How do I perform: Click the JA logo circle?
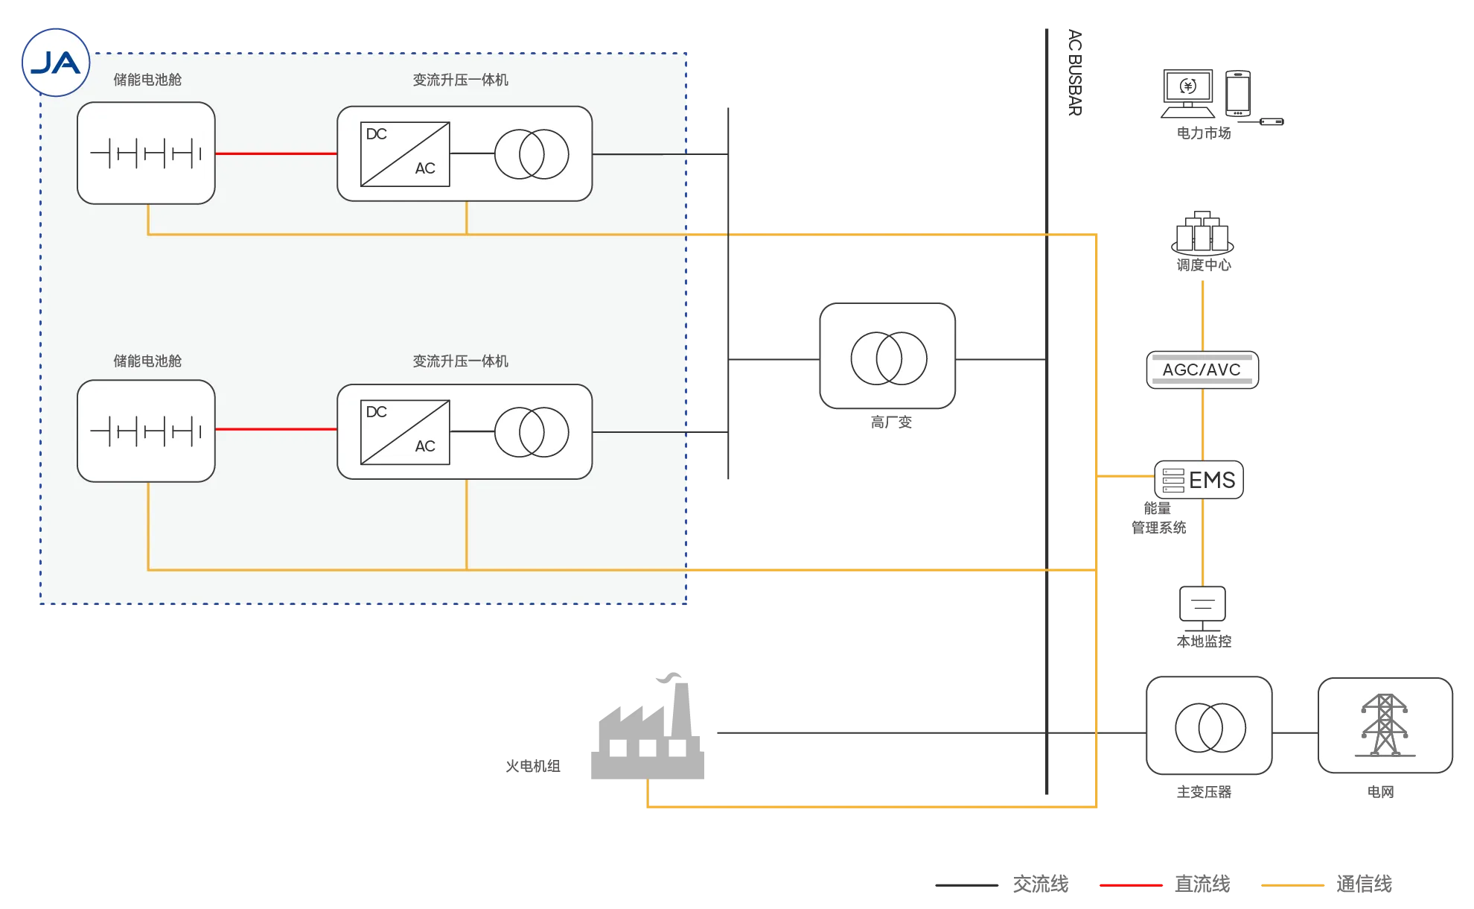tap(56, 63)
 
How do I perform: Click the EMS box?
tap(1199, 480)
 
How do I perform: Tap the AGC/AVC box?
tap(1202, 370)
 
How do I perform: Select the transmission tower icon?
tap(1385, 725)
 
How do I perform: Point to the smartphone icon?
tap(1238, 93)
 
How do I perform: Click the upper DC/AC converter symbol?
tap(405, 154)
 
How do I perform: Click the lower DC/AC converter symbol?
tap(405, 432)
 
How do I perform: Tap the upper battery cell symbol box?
tap(146, 153)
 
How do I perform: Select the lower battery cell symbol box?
tap(146, 431)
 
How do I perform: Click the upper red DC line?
tap(275, 153)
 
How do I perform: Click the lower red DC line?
tap(275, 429)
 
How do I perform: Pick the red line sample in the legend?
tap(1131, 885)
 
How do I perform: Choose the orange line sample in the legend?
tap(1292, 885)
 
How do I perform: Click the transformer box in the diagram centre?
tap(887, 357)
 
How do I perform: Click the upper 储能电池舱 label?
tap(147, 80)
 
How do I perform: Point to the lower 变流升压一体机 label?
tap(460, 361)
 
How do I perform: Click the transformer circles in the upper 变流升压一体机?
tap(532, 154)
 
